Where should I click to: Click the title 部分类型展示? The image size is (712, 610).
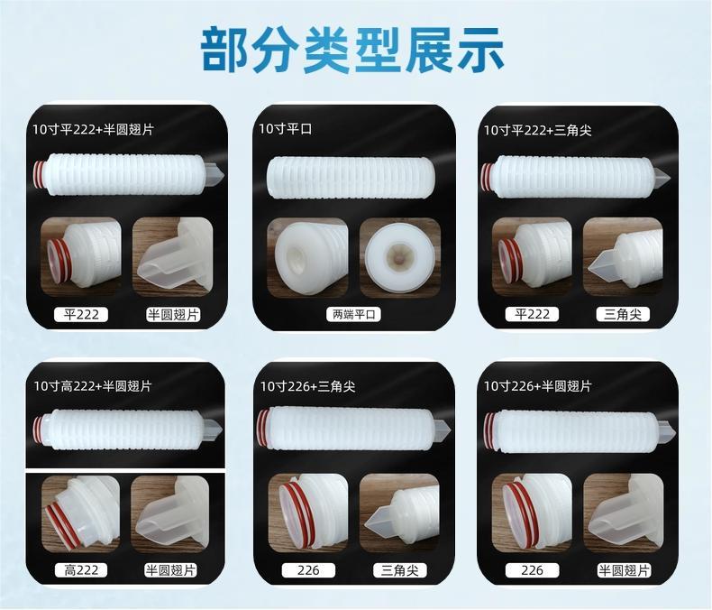[352, 51]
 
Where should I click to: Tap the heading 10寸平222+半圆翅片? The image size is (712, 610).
[93, 130]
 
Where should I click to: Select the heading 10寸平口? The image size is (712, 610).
[285, 129]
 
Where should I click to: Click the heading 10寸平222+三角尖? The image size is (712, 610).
[538, 131]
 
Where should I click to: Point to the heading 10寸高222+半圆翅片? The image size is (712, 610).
[93, 386]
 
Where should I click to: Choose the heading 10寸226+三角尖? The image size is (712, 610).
[307, 386]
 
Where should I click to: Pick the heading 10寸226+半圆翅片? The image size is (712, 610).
[538, 386]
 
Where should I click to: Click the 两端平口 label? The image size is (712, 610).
[353, 314]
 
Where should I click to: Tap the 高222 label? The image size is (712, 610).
[81, 570]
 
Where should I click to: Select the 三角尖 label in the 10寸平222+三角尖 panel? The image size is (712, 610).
[623, 314]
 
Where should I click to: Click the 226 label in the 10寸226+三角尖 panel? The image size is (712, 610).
[308, 570]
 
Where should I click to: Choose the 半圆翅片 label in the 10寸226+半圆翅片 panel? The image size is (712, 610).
[624, 570]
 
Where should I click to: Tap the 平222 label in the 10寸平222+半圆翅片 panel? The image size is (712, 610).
[81, 314]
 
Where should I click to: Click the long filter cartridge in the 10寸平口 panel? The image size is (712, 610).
[351, 178]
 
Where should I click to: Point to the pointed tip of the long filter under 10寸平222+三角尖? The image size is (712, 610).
[670, 175]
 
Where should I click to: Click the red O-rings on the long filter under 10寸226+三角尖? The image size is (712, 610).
[263, 429]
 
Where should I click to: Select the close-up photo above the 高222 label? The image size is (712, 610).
[80, 513]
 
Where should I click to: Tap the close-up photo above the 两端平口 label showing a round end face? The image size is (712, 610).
[400, 258]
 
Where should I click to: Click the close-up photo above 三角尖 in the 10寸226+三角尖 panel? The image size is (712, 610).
[399, 513]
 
